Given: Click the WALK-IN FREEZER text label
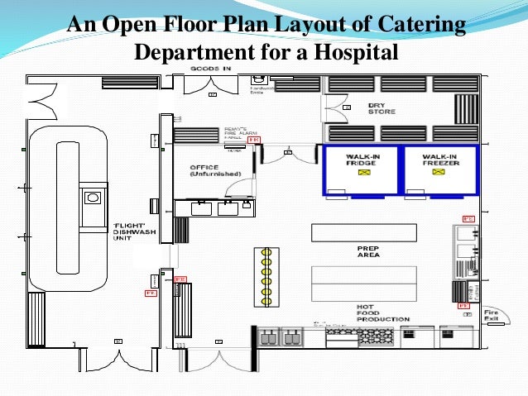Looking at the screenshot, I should (x=439, y=159).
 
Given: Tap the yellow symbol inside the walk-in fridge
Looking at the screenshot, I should (x=361, y=174).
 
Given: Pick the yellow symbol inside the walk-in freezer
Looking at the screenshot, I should (x=439, y=174).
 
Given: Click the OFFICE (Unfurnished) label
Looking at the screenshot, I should (x=209, y=170).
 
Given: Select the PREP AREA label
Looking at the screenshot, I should (x=369, y=252).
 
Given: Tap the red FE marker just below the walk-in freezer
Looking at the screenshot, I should (x=468, y=218).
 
